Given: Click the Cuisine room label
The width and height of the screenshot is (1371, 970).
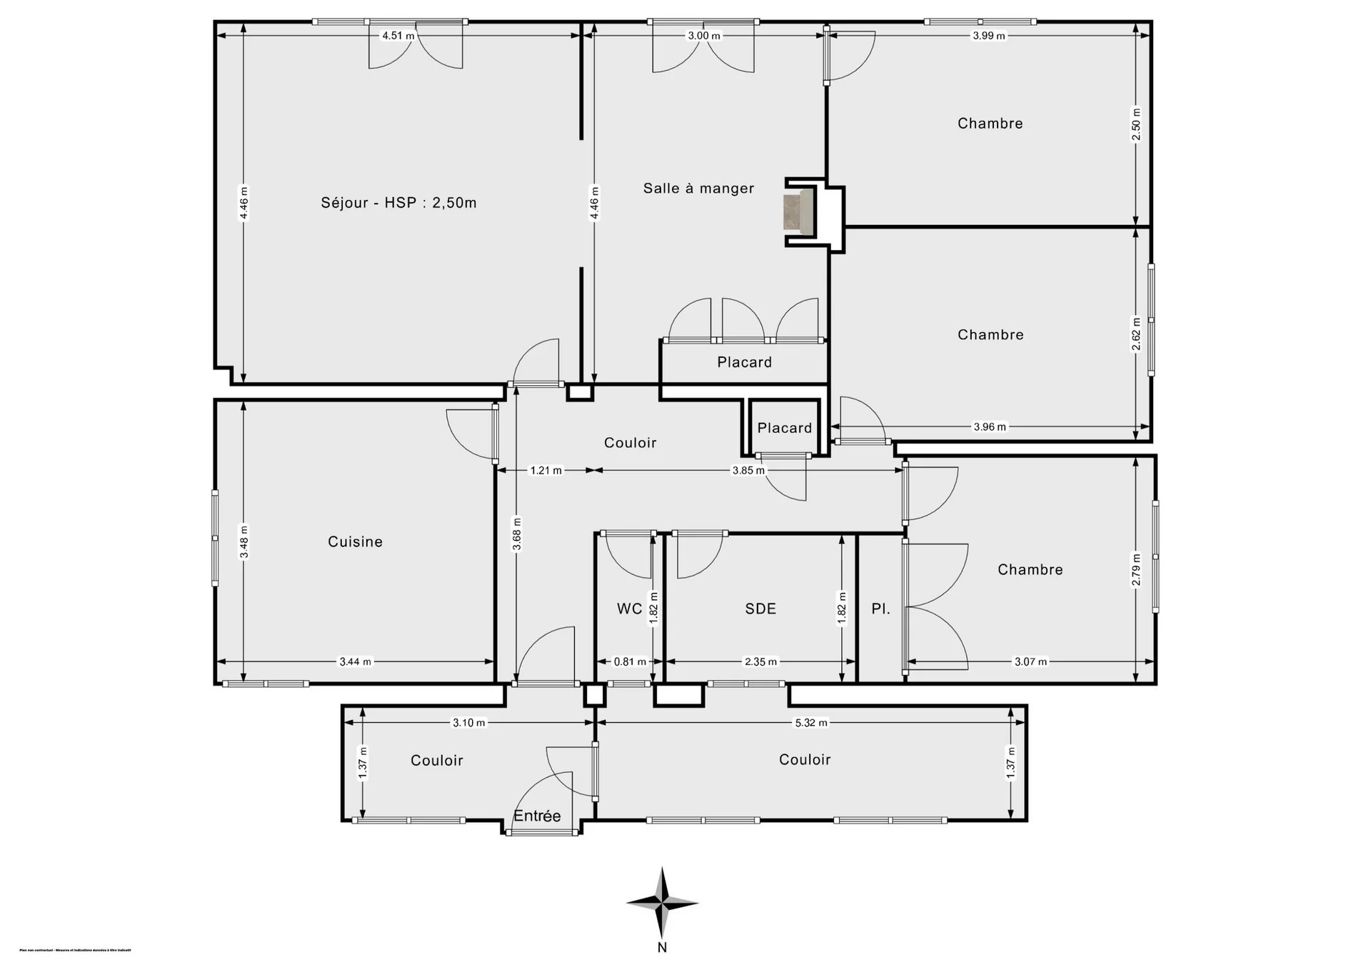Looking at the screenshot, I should pos(355,542).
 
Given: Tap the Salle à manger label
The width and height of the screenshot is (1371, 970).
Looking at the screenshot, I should pos(698,189).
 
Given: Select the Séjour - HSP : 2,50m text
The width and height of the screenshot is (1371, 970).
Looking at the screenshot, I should pos(398,203).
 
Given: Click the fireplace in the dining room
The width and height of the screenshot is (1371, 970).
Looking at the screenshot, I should pos(799,211).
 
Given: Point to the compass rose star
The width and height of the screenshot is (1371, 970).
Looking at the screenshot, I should pos(663,903).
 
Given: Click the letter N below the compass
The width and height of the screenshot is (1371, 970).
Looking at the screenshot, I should pos(663,948).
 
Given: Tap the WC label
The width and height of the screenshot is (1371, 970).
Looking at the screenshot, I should pos(629,609).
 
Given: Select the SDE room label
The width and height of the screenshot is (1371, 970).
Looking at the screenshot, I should pos(760,609).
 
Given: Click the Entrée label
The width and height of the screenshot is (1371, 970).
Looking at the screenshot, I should pos(537,816).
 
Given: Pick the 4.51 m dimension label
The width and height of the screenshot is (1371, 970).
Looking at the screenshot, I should pos(398,36).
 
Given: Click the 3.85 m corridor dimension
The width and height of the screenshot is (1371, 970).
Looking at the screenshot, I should pos(748,471).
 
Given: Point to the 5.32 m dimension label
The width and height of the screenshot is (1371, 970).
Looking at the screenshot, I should pos(811,723).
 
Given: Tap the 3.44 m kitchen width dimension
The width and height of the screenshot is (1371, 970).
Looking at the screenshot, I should pos(355,662).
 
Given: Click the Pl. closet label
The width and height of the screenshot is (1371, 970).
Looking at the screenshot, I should pos(880,609).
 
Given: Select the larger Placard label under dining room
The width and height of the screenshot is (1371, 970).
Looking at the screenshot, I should pos(744,362).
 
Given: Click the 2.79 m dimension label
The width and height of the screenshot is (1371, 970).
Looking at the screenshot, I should pos(1136,569).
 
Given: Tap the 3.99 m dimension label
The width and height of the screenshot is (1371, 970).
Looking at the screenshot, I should pos(989,36).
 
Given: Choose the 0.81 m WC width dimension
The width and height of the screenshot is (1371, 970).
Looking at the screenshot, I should pos(630,662).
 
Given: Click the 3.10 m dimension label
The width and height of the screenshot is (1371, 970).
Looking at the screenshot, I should pos(468,723).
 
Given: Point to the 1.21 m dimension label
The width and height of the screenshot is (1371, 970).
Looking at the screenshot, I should pos(546,471).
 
